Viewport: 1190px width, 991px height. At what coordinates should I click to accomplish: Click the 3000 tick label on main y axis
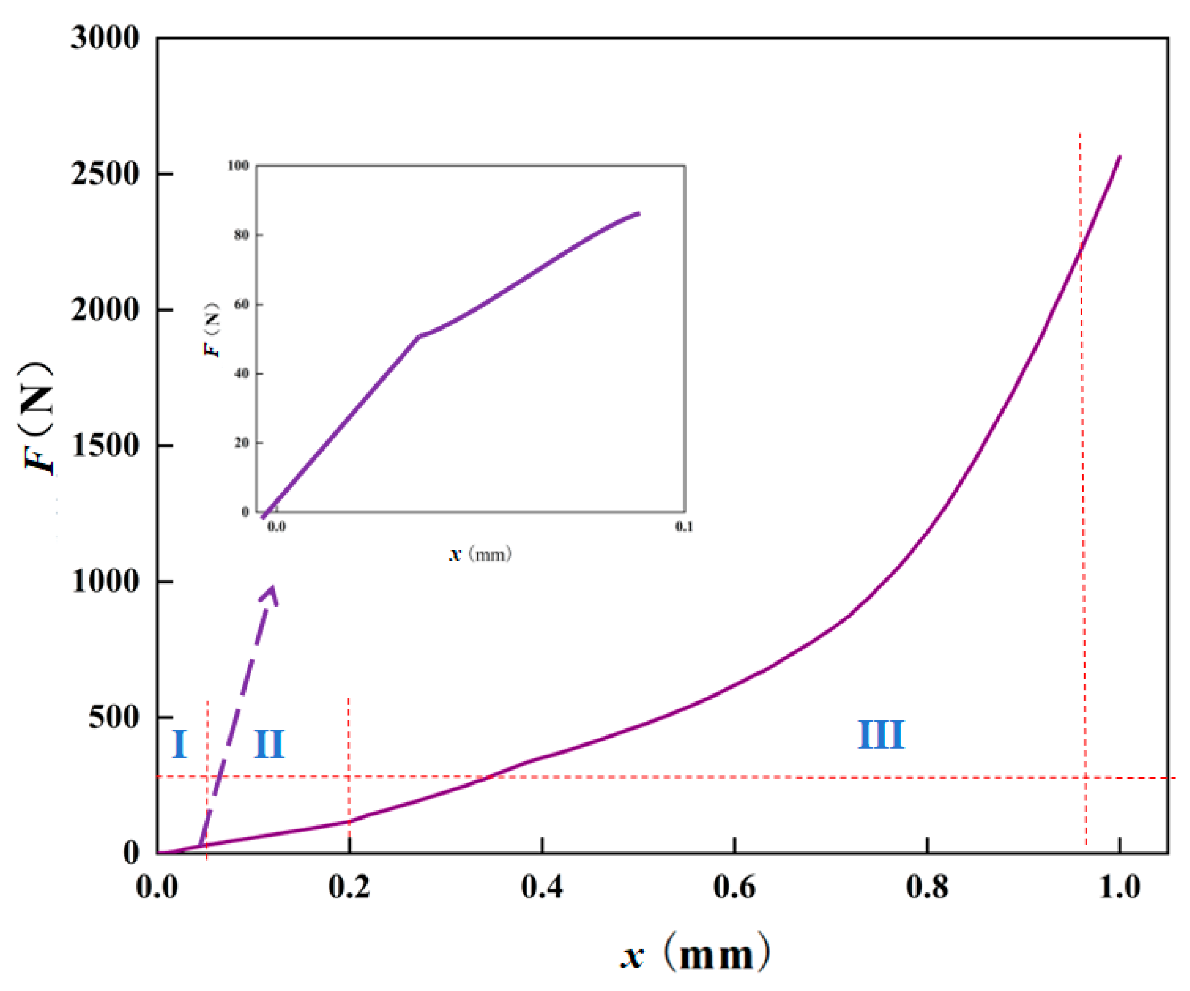[x=105, y=38]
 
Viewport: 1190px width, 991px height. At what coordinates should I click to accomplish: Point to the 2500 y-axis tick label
[x=105, y=174]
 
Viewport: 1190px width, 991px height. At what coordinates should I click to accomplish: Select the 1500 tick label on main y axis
[x=105, y=446]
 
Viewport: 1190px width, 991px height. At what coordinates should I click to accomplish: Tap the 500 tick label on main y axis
[x=113, y=718]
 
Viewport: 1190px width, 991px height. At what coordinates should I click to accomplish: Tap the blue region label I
[x=179, y=744]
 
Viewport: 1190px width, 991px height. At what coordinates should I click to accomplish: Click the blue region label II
[x=268, y=744]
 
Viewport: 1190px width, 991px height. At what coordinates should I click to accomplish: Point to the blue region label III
[x=881, y=735]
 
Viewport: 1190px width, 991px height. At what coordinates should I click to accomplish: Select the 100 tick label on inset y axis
[x=238, y=166]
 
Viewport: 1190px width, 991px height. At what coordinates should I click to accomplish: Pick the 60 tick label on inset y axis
[x=241, y=304]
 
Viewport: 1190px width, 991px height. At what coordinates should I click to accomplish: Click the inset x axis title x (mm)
[x=480, y=554]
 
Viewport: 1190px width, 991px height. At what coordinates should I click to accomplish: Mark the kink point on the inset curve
[x=419, y=336]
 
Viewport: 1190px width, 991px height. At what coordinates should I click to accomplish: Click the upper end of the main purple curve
[x=1120, y=157]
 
